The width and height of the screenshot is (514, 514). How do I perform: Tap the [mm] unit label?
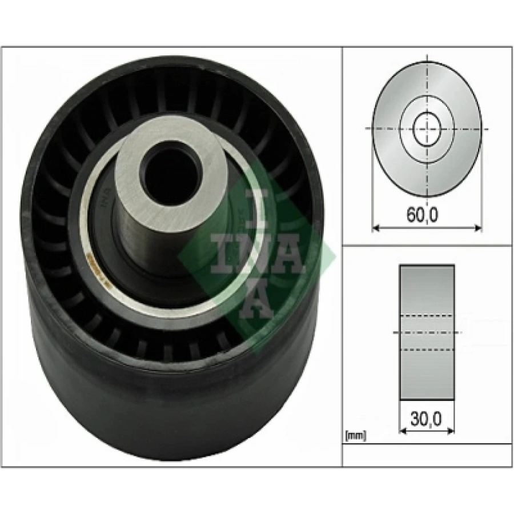click(356, 436)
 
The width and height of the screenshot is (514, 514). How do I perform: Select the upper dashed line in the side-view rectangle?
click(427, 315)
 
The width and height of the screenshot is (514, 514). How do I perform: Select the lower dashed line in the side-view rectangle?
click(427, 350)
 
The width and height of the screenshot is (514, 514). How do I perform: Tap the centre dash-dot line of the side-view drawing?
click(427, 332)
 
